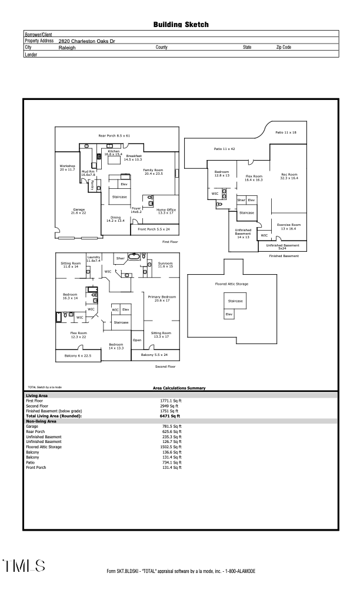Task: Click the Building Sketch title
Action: (x=181, y=25)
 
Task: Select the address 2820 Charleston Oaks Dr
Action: (x=86, y=41)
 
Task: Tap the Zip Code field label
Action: (x=284, y=47)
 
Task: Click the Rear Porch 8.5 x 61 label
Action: (x=114, y=135)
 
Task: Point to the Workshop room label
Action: (x=67, y=168)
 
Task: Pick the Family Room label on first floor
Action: (x=153, y=172)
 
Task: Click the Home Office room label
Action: (x=166, y=211)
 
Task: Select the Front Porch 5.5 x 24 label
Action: (x=154, y=229)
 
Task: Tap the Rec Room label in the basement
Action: (x=289, y=176)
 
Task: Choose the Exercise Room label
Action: (x=289, y=226)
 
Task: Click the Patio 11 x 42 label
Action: (x=224, y=149)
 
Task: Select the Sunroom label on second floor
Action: (x=165, y=265)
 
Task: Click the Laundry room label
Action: (x=94, y=259)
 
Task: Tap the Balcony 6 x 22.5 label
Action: (x=78, y=356)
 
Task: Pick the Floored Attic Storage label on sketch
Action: (x=232, y=284)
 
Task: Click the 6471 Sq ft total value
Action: (x=170, y=416)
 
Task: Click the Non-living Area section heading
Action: (x=41, y=421)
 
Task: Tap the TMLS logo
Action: (x=24, y=566)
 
